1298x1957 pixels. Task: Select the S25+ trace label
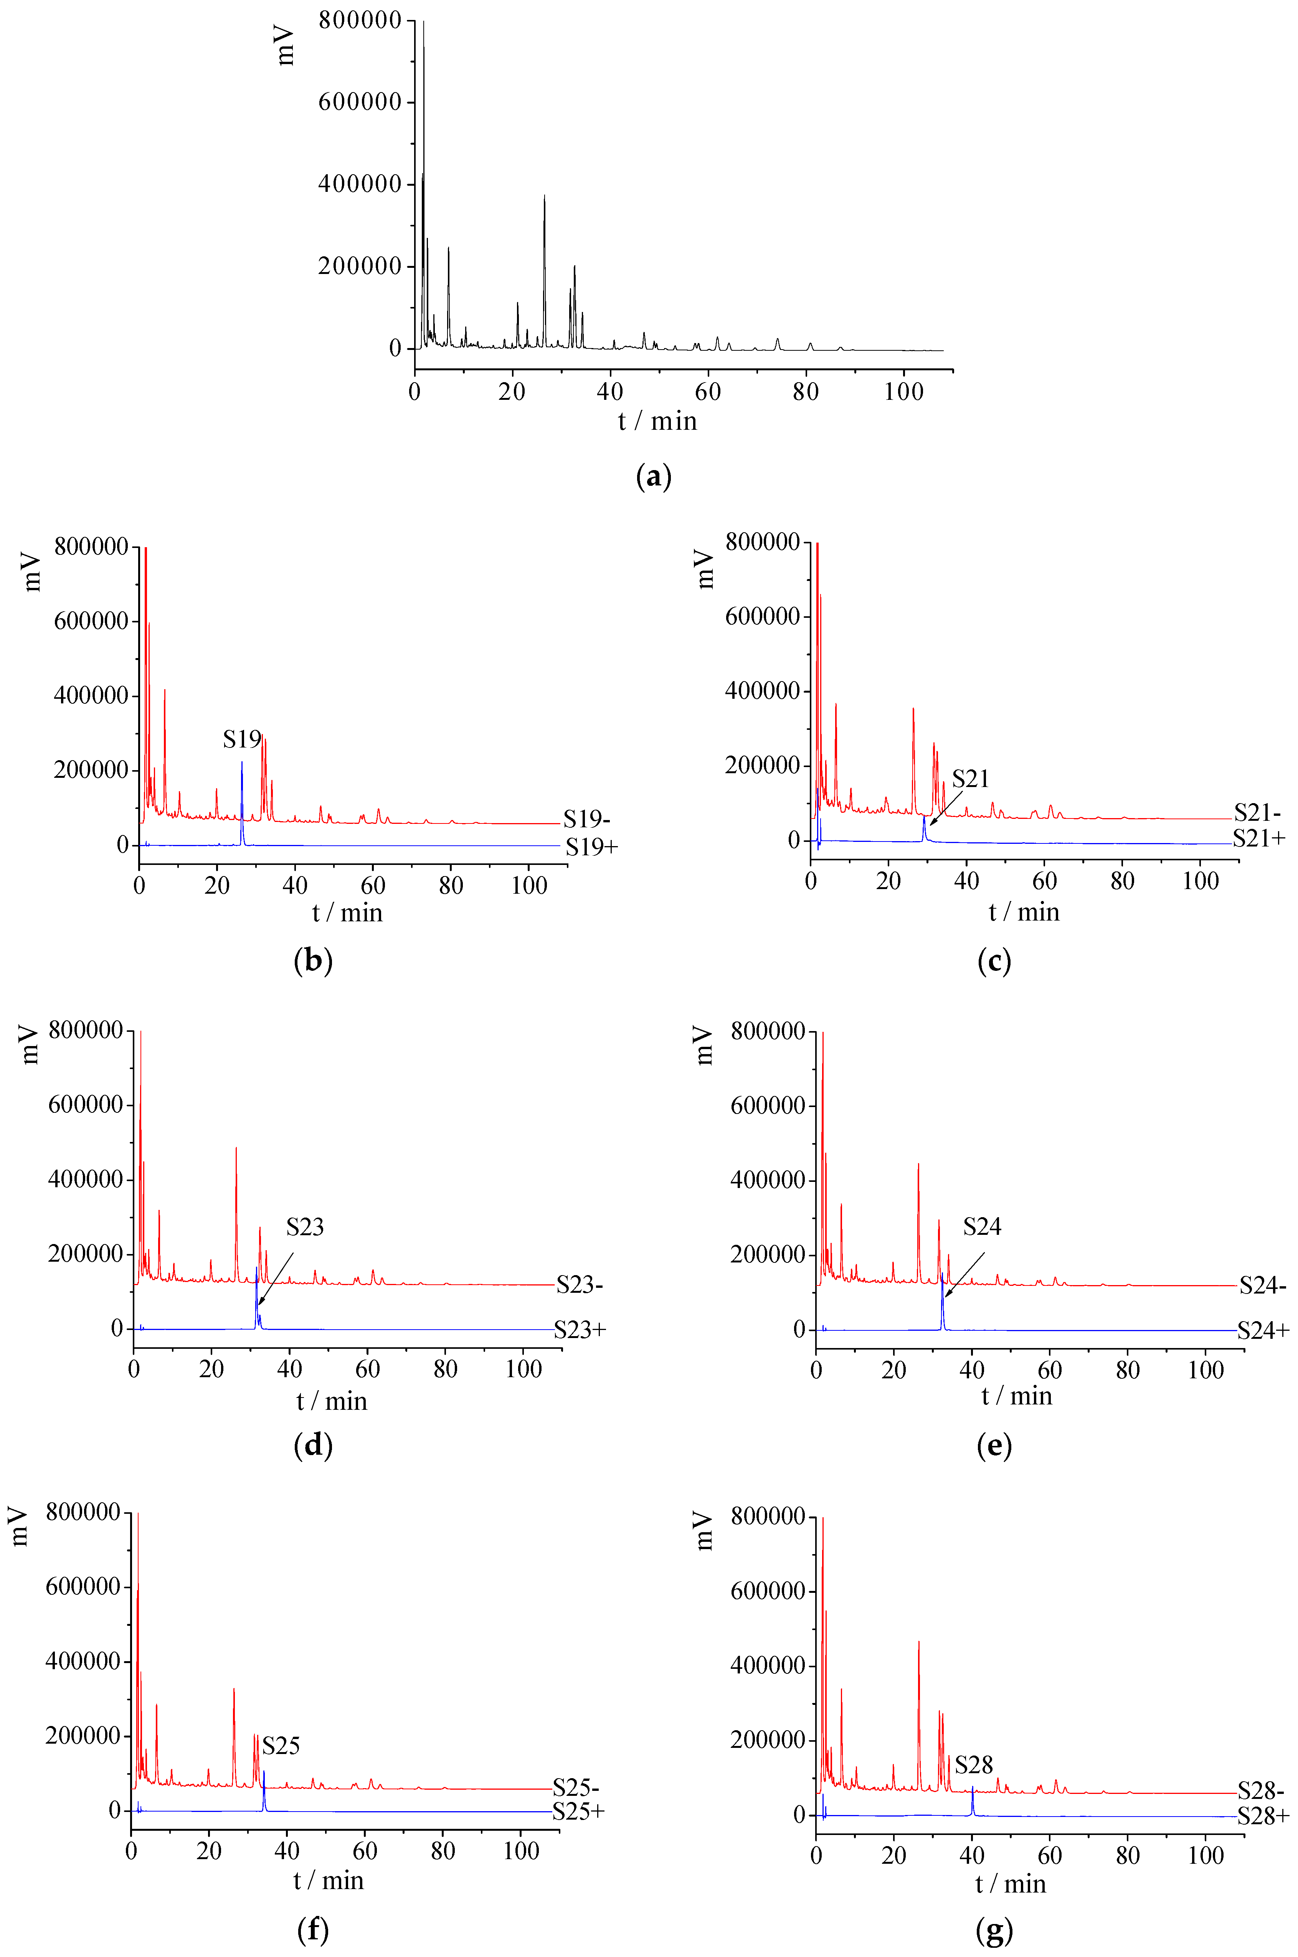coord(579,1811)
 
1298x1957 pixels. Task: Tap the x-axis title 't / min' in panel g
coord(1010,1884)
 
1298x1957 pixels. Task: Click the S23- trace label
coord(580,1285)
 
